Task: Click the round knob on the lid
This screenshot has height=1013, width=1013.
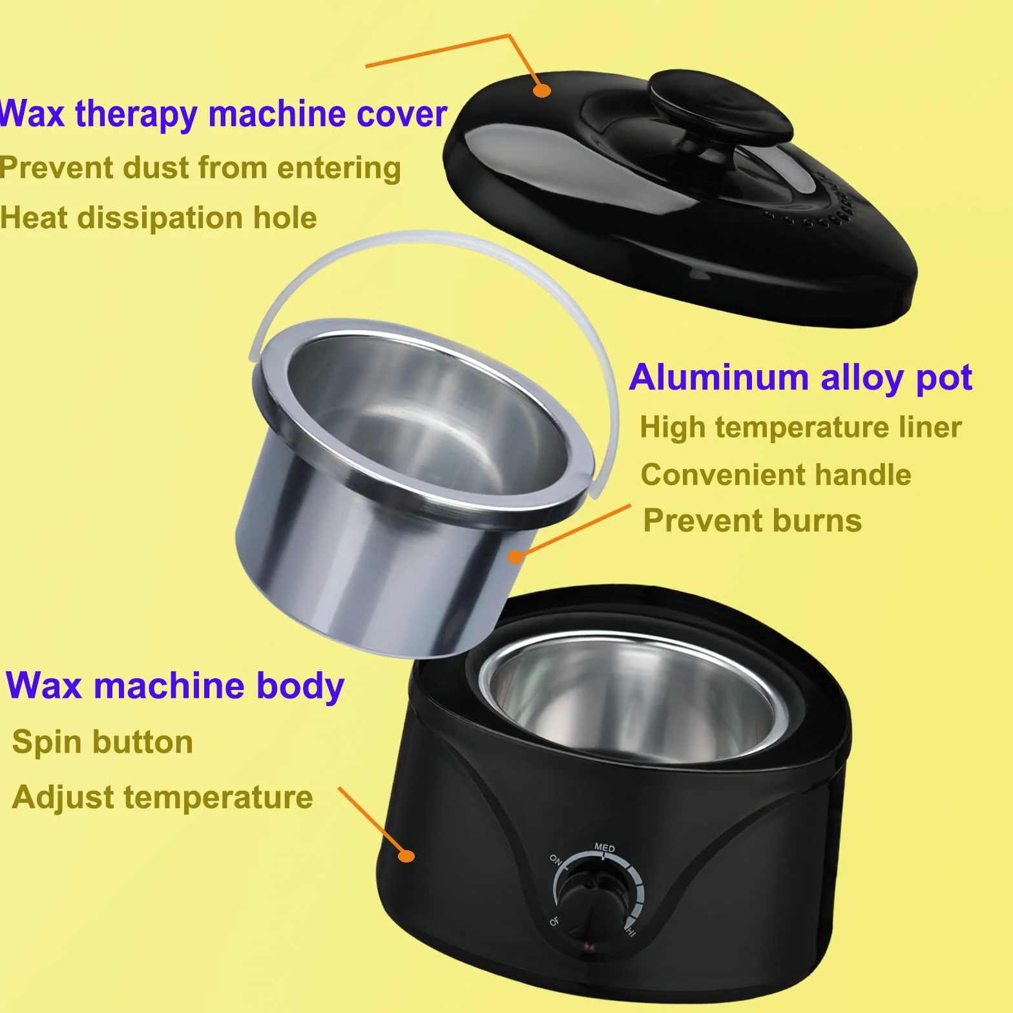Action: tap(720, 103)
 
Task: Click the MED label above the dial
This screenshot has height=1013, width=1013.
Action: tap(605, 847)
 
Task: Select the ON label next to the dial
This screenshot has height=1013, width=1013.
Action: tap(556, 859)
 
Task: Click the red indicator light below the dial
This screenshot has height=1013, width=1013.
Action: tap(589, 946)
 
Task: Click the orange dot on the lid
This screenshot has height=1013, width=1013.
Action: tap(542, 90)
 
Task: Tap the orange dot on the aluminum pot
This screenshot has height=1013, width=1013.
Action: tap(515, 556)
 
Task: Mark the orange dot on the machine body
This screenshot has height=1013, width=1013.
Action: tap(406, 856)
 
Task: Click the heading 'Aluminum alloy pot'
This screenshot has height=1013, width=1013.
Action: tap(800, 377)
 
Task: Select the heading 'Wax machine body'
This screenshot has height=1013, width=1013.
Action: tap(174, 686)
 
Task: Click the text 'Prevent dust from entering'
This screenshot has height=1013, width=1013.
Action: tap(200, 168)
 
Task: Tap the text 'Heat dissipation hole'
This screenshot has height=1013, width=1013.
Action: tap(158, 218)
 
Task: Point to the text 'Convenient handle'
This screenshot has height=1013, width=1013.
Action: tap(776, 475)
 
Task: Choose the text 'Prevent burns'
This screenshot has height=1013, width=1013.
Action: tap(753, 521)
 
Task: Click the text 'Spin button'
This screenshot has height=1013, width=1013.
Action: tap(102, 742)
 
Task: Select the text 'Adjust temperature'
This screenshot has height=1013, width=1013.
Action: tap(162, 797)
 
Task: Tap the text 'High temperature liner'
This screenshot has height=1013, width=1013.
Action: tap(800, 428)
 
